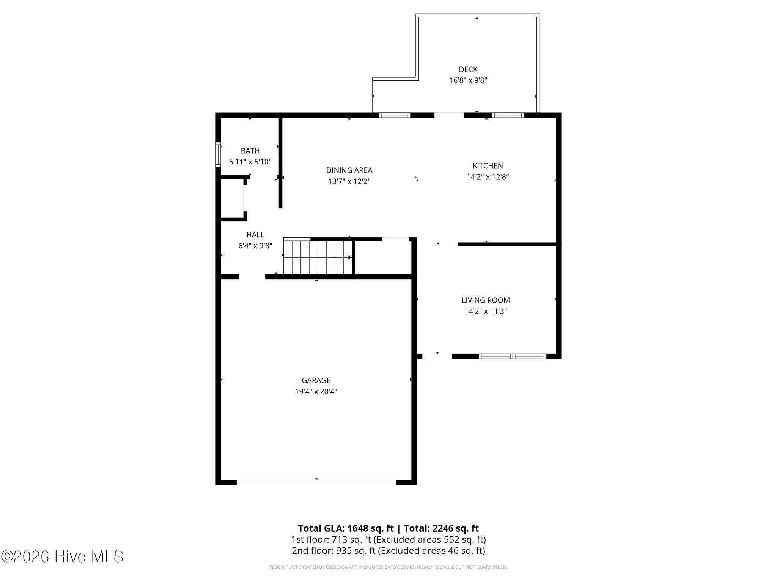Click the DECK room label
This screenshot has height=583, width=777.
[468, 69]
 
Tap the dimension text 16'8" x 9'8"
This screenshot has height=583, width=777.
[468, 80]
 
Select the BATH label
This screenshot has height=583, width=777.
[250, 151]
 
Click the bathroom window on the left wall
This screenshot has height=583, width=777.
[218, 154]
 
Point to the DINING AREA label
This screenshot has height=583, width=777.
[349, 170]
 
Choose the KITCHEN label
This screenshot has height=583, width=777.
[488, 165]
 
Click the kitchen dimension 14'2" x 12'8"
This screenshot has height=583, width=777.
[488, 177]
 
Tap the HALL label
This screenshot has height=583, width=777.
[255, 235]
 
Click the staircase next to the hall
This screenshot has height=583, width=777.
[317, 257]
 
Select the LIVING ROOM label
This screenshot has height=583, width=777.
[486, 300]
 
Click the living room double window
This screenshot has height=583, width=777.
[512, 356]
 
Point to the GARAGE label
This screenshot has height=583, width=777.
[316, 380]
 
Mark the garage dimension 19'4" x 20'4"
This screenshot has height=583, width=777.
[316, 391]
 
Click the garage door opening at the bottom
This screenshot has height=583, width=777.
[316, 482]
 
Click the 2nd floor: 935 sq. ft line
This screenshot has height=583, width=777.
[388, 550]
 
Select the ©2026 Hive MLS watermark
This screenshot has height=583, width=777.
[62, 556]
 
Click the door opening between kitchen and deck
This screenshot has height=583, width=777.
[449, 115]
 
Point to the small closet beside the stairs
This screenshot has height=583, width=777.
[383, 257]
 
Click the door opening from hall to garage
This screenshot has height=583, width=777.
[252, 276]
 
